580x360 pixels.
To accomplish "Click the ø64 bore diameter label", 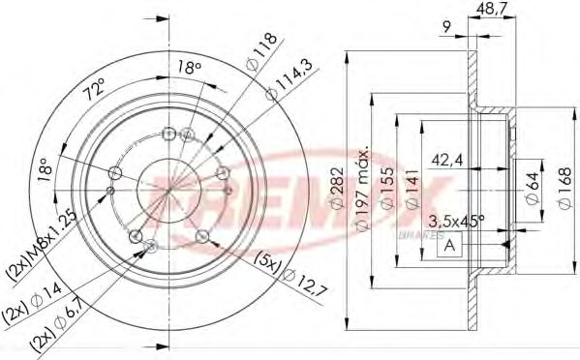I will click(531, 185).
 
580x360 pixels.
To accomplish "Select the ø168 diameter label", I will click(563, 185).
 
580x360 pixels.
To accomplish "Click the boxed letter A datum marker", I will click(449, 246).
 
